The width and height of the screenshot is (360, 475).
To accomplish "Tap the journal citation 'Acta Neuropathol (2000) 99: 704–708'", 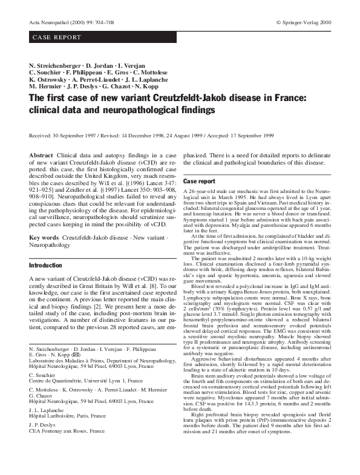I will [x=72, y=22].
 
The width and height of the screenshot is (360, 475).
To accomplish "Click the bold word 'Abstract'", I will [x=41, y=156].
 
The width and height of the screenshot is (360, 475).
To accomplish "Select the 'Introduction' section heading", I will [x=45, y=265].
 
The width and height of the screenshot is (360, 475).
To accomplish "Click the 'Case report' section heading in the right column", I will [x=199, y=181].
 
